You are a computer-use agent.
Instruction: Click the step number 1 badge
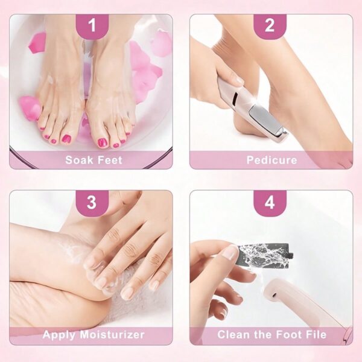tap(92, 25)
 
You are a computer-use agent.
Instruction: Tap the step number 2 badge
tap(270, 25)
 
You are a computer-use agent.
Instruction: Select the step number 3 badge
tap(92, 202)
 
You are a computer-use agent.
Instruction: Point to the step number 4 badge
tap(270, 202)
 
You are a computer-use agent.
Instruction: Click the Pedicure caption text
tap(271, 160)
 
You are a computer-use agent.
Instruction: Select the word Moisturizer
tap(112, 334)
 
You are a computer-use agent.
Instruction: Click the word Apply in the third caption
tap(59, 335)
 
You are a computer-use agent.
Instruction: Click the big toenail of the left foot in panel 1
tap(67, 139)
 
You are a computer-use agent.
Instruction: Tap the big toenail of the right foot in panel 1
tap(102, 142)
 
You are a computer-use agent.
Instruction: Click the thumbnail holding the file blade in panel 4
tap(231, 252)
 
